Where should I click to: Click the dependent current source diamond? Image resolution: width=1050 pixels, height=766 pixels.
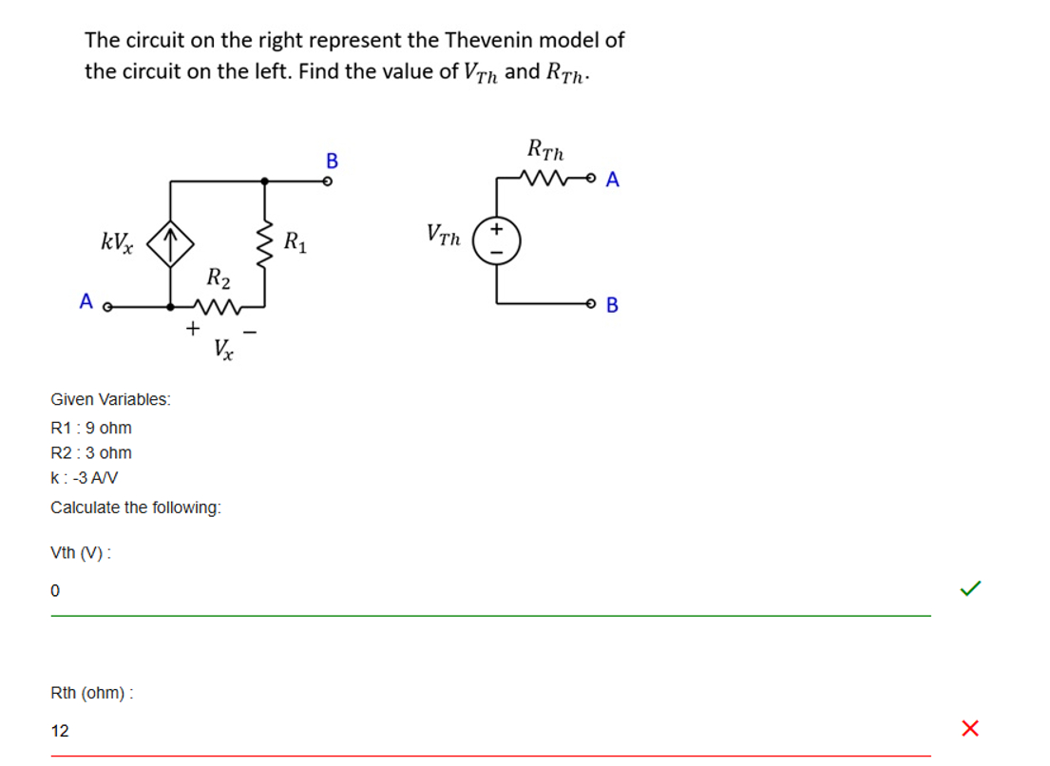click(170, 243)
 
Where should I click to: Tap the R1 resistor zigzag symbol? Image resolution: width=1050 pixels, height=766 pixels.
click(264, 242)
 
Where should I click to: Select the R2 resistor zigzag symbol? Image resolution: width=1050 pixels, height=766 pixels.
click(219, 306)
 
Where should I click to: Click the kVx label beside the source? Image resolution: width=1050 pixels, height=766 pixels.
click(116, 241)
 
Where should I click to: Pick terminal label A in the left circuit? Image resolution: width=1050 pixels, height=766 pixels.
click(86, 302)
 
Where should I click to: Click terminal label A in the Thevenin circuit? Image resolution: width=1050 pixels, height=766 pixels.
click(612, 180)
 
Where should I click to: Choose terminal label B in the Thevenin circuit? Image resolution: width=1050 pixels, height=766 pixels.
click(612, 305)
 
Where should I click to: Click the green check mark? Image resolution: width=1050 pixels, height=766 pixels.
click(970, 589)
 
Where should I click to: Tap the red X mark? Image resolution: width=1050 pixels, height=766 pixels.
click(970, 729)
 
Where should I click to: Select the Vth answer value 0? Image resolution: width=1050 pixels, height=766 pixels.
click(55, 591)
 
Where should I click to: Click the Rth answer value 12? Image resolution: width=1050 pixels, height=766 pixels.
click(60, 731)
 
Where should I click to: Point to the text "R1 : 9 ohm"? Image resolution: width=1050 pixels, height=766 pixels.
click(91, 428)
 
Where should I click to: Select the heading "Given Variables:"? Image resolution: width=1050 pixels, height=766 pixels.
click(110, 399)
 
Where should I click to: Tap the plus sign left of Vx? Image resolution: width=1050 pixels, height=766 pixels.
click(192, 329)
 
